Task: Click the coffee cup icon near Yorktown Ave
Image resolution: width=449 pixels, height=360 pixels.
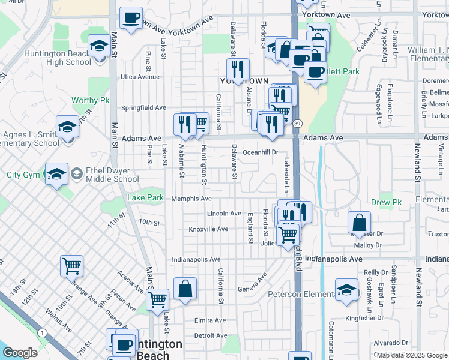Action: tap(130, 17)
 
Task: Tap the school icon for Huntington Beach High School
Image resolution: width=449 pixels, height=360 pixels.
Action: tap(100, 46)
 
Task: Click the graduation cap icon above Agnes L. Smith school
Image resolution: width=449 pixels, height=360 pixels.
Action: tap(68, 128)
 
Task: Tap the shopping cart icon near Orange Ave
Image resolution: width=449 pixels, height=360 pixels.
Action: tap(71, 265)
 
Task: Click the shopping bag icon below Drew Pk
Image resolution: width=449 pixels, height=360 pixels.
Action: tap(358, 224)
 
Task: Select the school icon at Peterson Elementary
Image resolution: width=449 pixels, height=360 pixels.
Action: tap(346, 290)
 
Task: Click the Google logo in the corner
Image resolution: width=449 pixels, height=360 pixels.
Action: tap(20, 353)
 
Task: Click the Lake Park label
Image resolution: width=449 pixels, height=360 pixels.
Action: tap(145, 197)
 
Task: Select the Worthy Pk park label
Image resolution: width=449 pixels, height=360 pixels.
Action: tap(88, 100)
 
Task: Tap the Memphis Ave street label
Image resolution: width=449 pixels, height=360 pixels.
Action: tap(191, 199)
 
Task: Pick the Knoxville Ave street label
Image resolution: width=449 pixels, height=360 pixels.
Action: tap(208, 229)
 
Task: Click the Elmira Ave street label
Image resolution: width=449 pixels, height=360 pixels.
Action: tap(210, 320)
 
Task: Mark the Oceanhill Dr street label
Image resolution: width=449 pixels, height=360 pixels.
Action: tap(261, 152)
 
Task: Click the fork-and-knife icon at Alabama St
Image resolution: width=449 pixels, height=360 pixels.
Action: tap(184, 124)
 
